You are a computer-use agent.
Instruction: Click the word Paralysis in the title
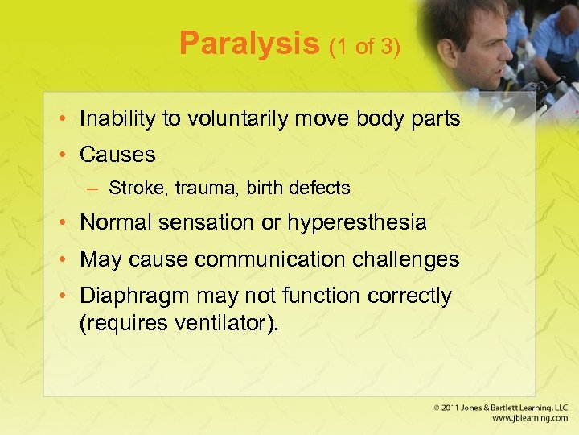[249, 43]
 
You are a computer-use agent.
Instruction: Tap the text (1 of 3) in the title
[363, 47]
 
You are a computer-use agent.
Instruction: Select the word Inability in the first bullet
[118, 119]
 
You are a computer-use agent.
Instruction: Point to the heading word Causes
[117, 154]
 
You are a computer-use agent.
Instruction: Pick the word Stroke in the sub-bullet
[133, 188]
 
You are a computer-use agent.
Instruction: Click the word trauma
[189, 188]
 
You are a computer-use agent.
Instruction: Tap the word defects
[321, 188]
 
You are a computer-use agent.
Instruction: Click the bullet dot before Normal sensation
[66, 223]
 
